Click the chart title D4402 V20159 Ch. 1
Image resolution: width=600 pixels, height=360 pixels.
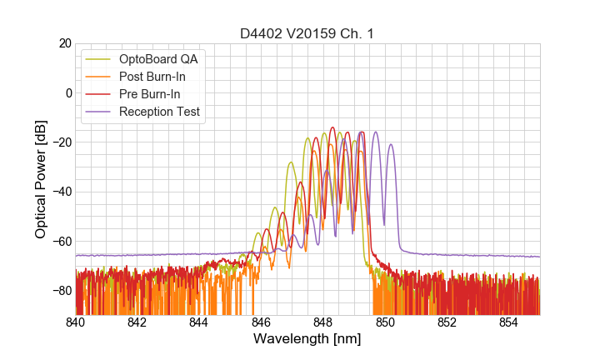click(307, 33)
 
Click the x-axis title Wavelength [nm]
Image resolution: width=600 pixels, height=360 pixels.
click(307, 339)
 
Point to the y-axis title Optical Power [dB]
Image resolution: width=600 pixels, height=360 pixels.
click(41, 179)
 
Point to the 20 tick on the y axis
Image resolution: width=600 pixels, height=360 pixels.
click(64, 43)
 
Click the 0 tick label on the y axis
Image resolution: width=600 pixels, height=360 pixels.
click(67, 92)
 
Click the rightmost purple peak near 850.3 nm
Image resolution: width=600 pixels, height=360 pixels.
click(391, 145)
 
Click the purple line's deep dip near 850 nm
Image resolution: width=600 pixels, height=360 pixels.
click(383, 224)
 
